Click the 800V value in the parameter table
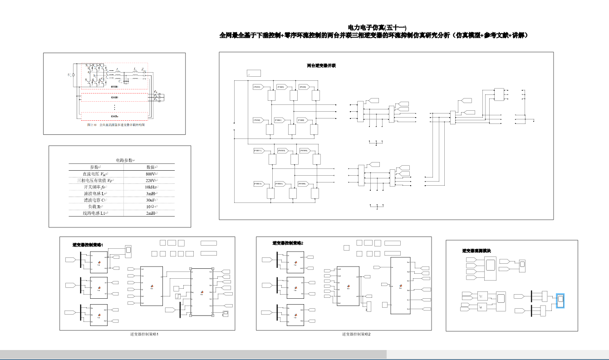pos(151,174)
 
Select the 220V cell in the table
pos(151,180)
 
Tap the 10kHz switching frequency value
pos(151,187)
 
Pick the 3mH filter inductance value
pos(151,193)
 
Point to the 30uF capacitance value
pos(151,200)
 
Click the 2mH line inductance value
pos(151,213)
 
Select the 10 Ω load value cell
pos(151,207)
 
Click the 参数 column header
pos(95,167)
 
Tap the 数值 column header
pos(151,167)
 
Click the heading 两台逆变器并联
pos(321,65)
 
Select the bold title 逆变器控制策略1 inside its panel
pos(88,245)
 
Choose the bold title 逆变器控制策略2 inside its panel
pos(288,243)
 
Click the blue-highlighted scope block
pos(560,301)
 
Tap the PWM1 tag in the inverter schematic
pos(257,87)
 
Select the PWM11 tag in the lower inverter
pos(258,150)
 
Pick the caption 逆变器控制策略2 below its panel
pos(356,334)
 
